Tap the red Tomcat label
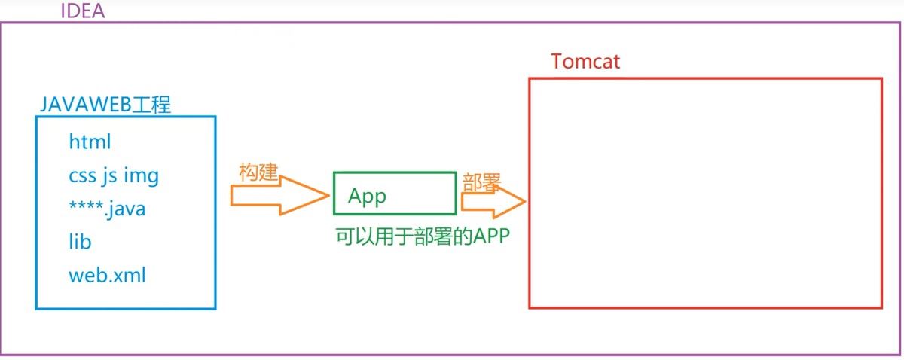click(585, 61)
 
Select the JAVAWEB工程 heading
click(105, 104)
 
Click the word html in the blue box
click(90, 142)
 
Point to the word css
click(81, 175)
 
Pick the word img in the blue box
click(141, 175)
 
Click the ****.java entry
click(107, 209)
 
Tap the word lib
click(80, 242)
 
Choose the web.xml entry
click(107, 275)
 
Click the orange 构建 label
click(259, 172)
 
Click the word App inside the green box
click(367, 197)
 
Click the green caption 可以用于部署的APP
click(422, 236)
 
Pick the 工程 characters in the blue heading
click(151, 104)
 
